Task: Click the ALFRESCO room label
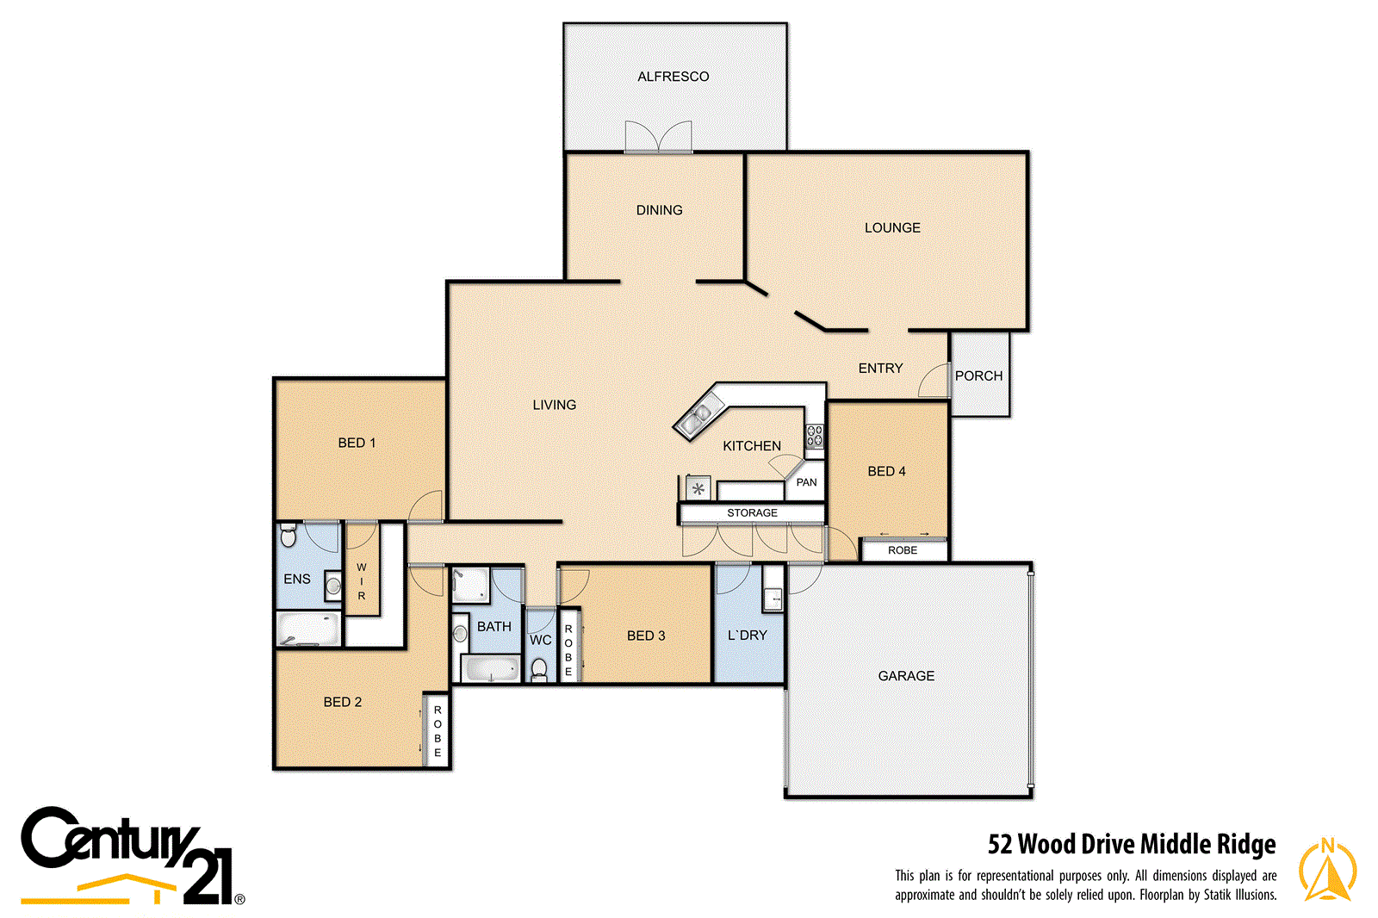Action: point(673,77)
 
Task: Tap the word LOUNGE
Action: point(892,227)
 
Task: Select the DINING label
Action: point(659,210)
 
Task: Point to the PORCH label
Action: point(978,375)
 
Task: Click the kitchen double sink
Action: point(697,419)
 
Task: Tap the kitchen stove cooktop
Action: point(814,436)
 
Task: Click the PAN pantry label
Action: point(806,482)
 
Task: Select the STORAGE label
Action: point(752,512)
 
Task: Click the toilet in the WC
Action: point(539,668)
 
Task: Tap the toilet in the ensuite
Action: point(289,536)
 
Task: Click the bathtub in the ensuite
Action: point(307,630)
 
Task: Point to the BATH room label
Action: point(494,626)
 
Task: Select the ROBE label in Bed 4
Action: point(903,550)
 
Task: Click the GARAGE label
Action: point(906,676)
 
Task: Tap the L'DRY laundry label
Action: point(747,635)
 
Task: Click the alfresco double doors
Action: point(658,138)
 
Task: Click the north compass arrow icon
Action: point(1327,870)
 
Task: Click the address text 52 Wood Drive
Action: point(1132,844)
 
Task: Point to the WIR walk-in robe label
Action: point(362,581)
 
